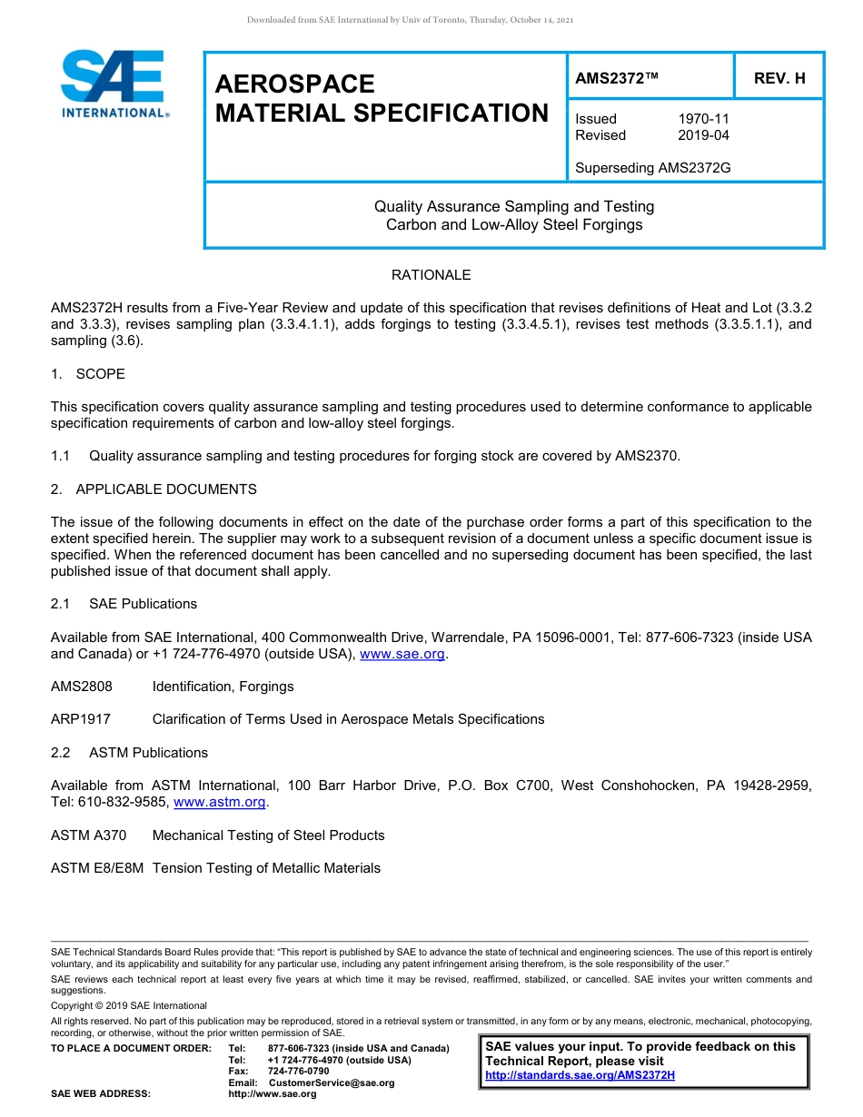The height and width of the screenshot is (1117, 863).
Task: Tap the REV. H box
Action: [x=779, y=79]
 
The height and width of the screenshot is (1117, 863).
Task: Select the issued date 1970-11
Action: [x=703, y=119]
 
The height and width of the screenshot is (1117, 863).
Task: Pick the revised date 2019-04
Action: [x=703, y=135]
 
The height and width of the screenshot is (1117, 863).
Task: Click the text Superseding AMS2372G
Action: [x=653, y=168]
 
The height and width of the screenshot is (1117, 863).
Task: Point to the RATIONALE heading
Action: [x=431, y=275]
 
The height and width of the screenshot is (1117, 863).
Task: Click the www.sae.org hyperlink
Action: [x=402, y=654]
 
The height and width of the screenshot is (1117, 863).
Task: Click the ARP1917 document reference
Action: [x=81, y=719]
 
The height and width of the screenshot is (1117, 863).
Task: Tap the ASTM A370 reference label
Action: [x=89, y=835]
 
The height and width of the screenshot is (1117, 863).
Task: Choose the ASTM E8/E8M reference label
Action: [x=97, y=868]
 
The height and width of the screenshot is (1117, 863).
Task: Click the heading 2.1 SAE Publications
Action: [x=124, y=604]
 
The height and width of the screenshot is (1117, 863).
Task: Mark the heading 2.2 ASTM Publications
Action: [x=129, y=753]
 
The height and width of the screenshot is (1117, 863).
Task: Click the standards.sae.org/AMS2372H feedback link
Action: [x=580, y=1075]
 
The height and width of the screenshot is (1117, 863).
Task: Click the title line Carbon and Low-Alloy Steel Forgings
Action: [x=514, y=225]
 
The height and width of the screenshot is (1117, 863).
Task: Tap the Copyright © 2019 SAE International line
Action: [x=129, y=1006]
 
